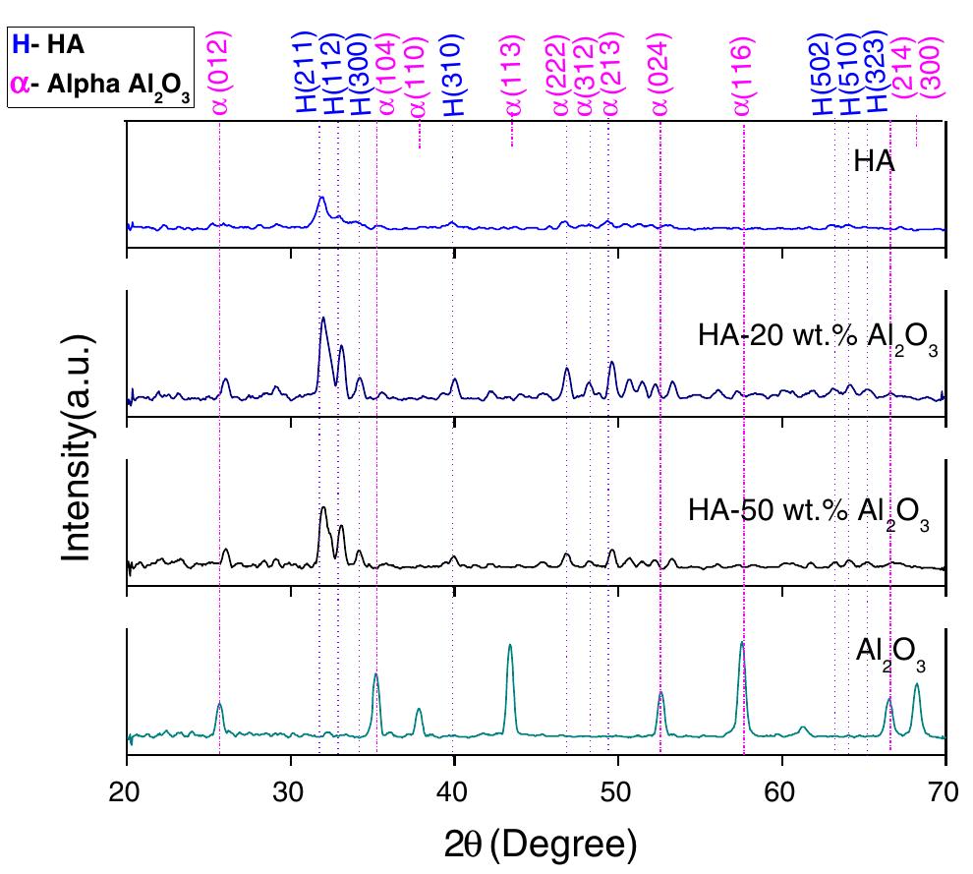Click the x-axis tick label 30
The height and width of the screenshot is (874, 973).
tap(289, 790)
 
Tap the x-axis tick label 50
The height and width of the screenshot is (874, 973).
tap(616, 790)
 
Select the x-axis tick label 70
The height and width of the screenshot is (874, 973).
tap(944, 790)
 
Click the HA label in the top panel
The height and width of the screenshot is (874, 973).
tap(873, 161)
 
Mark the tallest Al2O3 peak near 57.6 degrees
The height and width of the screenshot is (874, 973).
tap(742, 643)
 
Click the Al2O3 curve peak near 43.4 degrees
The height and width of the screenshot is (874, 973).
tap(509, 645)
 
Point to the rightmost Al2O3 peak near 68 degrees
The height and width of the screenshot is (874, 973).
tap(917, 684)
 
